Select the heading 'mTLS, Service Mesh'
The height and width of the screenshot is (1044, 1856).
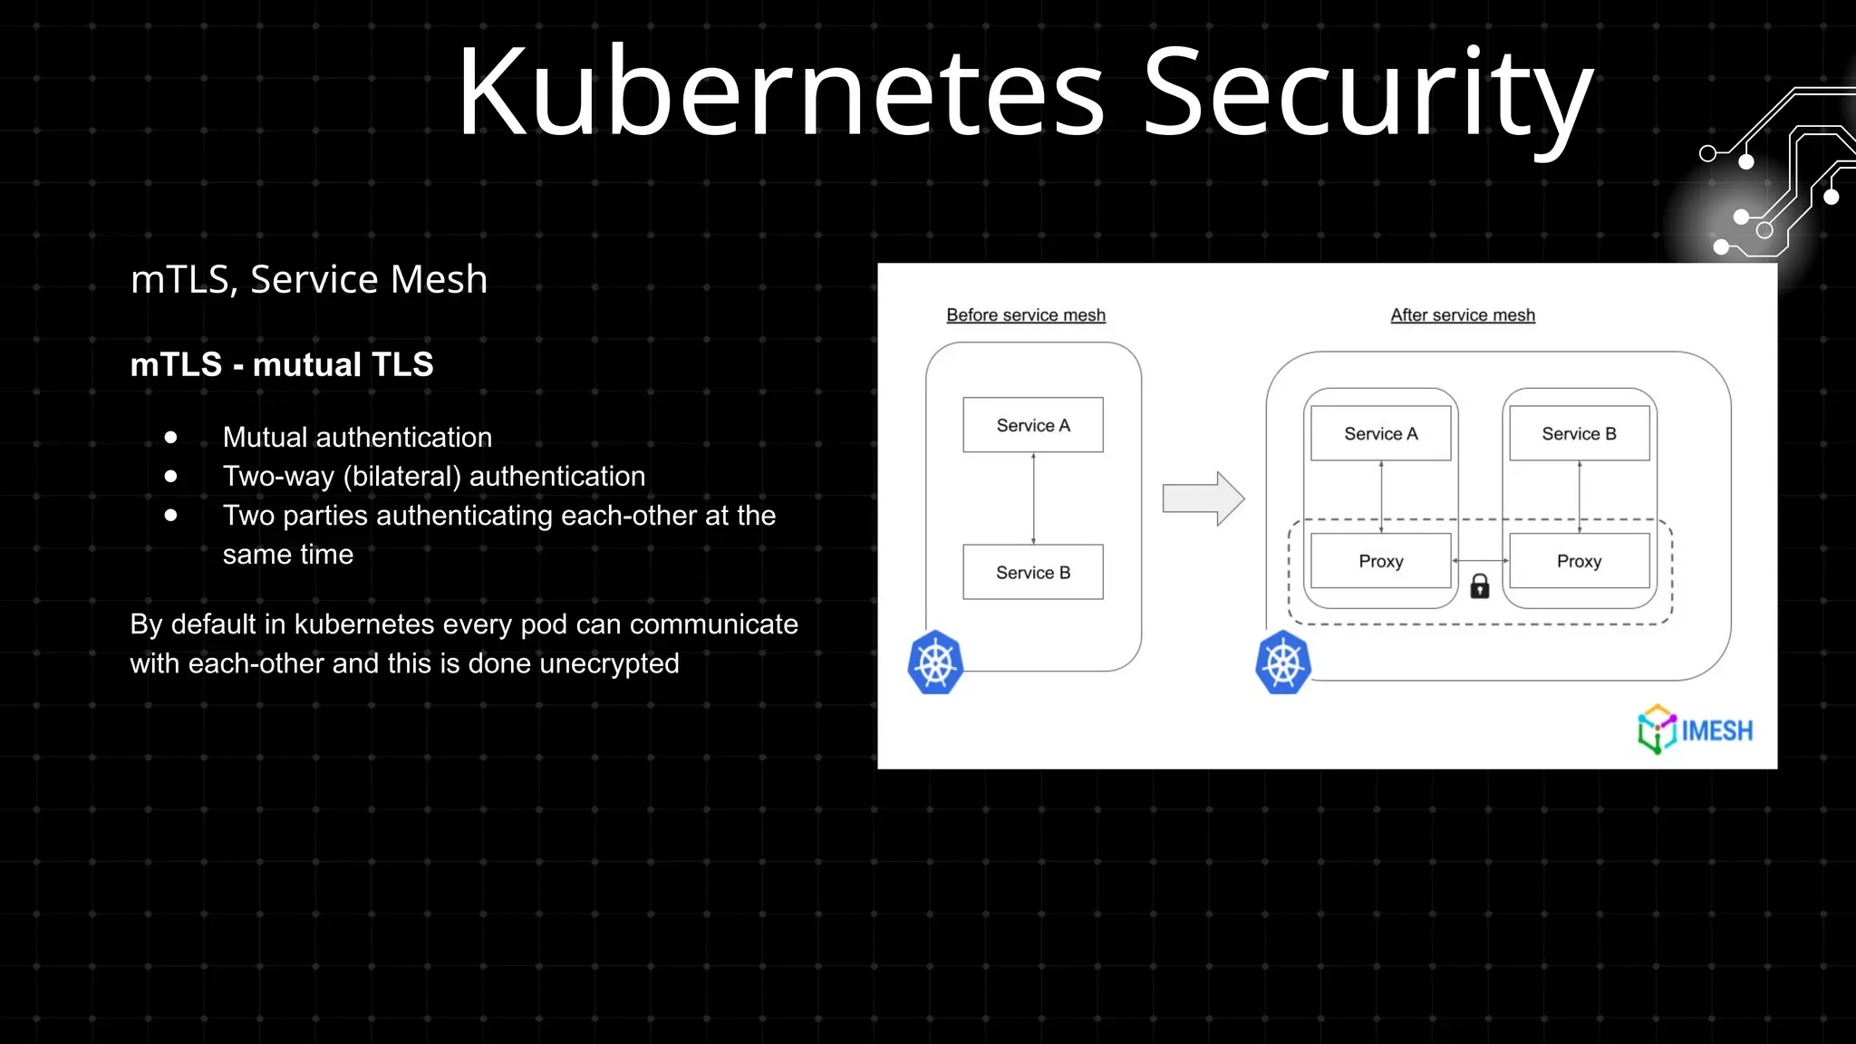(x=309, y=279)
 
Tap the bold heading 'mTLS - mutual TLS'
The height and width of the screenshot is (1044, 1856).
(x=282, y=364)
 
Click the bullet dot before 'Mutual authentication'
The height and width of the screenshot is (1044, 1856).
(x=171, y=437)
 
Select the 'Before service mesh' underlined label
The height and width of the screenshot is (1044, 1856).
(x=1026, y=314)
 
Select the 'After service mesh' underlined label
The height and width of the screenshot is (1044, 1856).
(x=1463, y=314)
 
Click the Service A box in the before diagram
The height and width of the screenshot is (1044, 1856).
(x=1033, y=425)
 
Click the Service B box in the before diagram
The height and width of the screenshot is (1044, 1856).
(x=1033, y=572)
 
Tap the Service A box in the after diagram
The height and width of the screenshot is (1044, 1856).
(x=1380, y=434)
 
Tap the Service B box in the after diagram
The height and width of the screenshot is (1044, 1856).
(x=1579, y=434)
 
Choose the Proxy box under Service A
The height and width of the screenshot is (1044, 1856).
(x=1380, y=561)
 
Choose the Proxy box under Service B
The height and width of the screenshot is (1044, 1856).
(x=1579, y=561)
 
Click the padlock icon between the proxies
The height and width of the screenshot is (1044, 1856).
(x=1480, y=586)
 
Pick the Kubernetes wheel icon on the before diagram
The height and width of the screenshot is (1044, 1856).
(x=935, y=663)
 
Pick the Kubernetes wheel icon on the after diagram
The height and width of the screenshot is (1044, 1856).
(x=1283, y=663)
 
